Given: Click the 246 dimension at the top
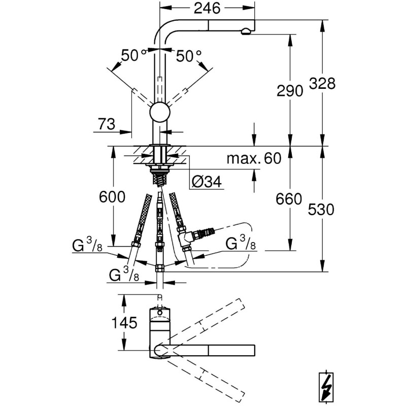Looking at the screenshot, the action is (x=207, y=8).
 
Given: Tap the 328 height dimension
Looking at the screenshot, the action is (x=322, y=83).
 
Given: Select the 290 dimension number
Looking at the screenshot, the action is (x=290, y=91).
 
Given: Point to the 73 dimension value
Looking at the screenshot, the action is (x=107, y=124).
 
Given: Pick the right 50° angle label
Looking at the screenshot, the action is (x=189, y=56).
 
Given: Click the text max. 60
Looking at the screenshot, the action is (x=253, y=158).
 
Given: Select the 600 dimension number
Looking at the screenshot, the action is (x=112, y=197).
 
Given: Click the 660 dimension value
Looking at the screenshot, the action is (x=289, y=199).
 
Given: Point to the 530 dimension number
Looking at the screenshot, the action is (x=321, y=209).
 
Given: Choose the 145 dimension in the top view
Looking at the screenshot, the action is (x=124, y=323).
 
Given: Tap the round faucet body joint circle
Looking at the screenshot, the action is (x=160, y=112).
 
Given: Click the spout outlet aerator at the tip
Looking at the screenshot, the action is (x=246, y=32).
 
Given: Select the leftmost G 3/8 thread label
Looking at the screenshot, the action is (x=87, y=245).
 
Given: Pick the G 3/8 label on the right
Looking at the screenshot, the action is (x=241, y=243).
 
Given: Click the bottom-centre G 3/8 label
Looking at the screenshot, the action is (x=124, y=275).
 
